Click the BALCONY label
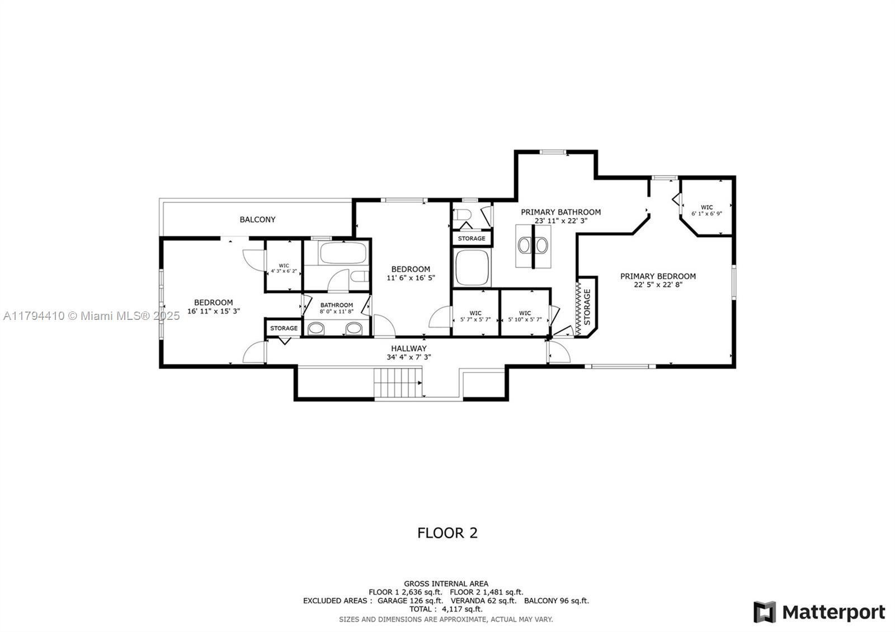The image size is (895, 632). pyautogui.click(x=257, y=219)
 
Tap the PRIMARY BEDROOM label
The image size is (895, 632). pyautogui.click(x=658, y=276)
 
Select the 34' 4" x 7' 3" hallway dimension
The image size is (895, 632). pyautogui.click(x=409, y=357)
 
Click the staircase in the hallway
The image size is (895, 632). pyautogui.click(x=398, y=383)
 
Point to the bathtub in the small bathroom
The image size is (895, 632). pyautogui.click(x=343, y=253)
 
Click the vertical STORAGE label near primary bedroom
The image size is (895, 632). pyautogui.click(x=587, y=307)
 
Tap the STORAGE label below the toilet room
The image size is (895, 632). pyautogui.click(x=472, y=238)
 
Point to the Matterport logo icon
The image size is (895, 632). pyautogui.click(x=764, y=612)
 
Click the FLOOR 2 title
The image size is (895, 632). pyautogui.click(x=447, y=533)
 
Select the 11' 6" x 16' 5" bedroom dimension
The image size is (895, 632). pyautogui.click(x=411, y=278)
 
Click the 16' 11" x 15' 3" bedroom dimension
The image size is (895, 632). pyautogui.click(x=213, y=311)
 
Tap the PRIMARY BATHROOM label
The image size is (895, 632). pyautogui.click(x=560, y=212)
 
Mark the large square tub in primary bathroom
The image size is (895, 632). pyautogui.click(x=472, y=267)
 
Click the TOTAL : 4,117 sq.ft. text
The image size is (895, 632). pyautogui.click(x=446, y=609)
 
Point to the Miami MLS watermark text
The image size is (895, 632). pyautogui.click(x=92, y=316)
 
